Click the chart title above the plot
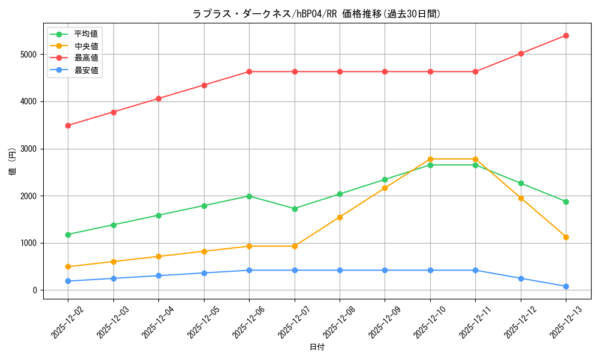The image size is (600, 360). click(317, 14)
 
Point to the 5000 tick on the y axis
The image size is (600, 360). click(28, 55)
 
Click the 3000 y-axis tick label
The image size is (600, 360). click(28, 149)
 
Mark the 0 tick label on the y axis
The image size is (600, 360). click(35, 290)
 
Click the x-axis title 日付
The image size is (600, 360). click(317, 347)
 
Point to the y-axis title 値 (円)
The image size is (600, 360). click(13, 162)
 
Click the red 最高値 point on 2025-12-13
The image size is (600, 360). click(566, 35)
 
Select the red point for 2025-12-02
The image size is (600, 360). click(68, 125)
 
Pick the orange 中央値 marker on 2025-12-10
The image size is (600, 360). click(430, 159)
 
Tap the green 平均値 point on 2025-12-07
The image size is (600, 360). click(295, 209)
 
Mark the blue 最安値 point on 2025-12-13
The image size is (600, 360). click(566, 286)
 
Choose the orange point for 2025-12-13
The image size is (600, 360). click(566, 237)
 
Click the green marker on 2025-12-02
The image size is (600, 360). click(68, 235)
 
